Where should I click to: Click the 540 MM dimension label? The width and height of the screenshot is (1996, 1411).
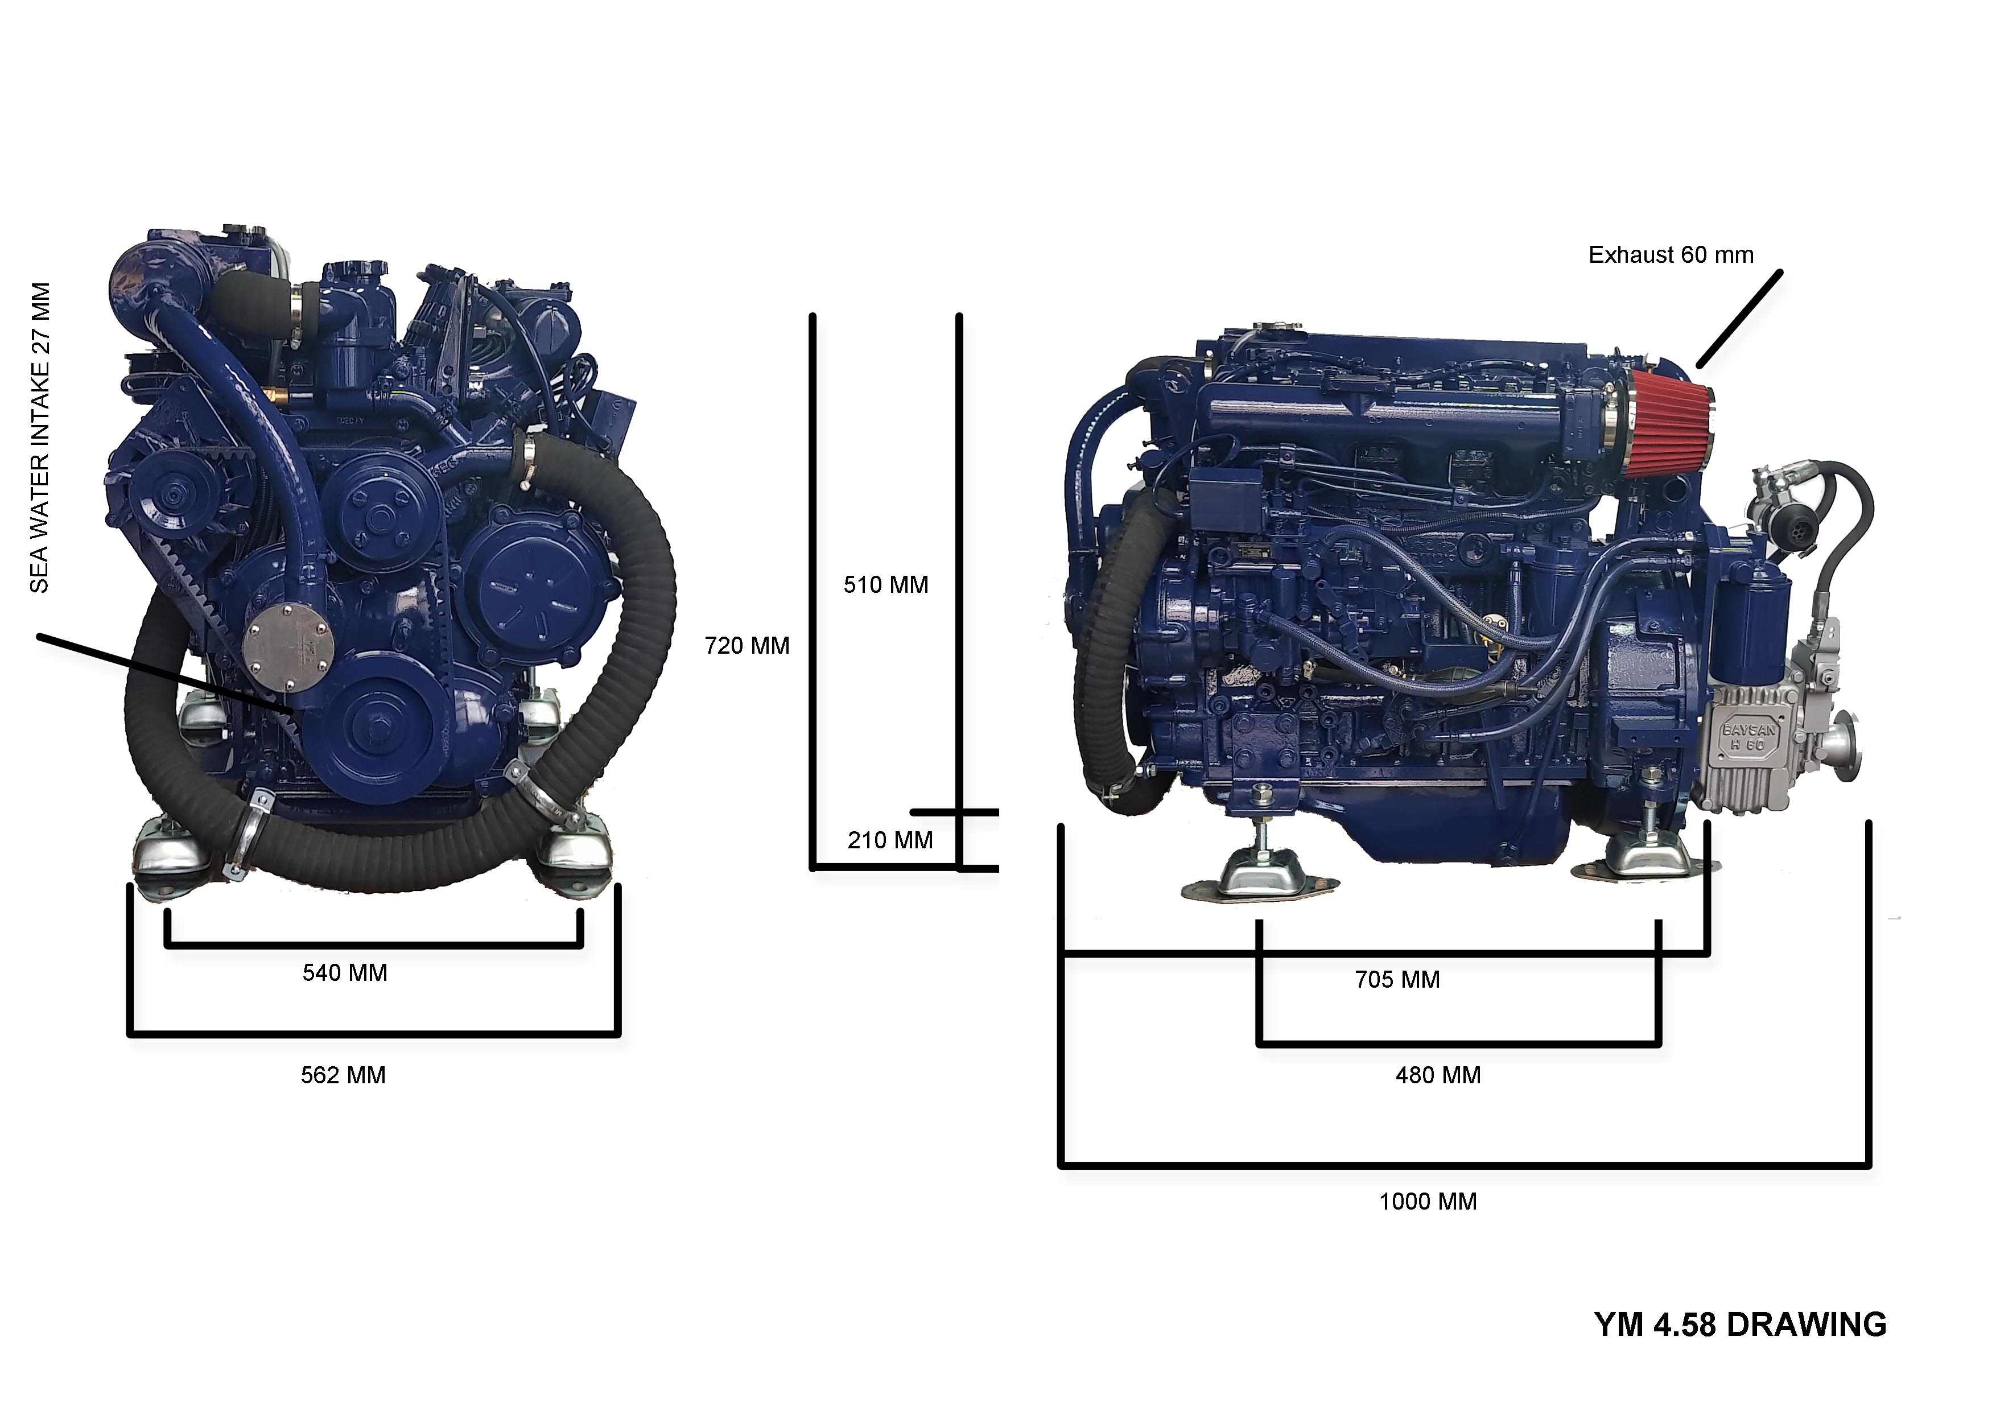pos(345,973)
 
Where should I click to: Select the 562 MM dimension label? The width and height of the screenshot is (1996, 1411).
pos(344,1075)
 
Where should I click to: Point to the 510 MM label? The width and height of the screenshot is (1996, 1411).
pos(886,585)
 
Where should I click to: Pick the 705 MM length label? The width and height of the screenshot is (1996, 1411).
pos(1397,980)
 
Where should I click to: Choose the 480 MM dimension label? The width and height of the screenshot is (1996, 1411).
pos(1438,1075)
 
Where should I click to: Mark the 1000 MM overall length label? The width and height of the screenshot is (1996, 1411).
pos(1428,1202)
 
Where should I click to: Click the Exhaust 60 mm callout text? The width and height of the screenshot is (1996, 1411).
pos(1671,255)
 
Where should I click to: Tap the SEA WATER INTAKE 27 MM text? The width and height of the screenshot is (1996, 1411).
pos(40,438)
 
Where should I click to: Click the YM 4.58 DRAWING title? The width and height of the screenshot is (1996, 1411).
pos(1741,1325)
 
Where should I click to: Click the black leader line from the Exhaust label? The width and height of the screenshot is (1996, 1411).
pos(1739,318)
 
